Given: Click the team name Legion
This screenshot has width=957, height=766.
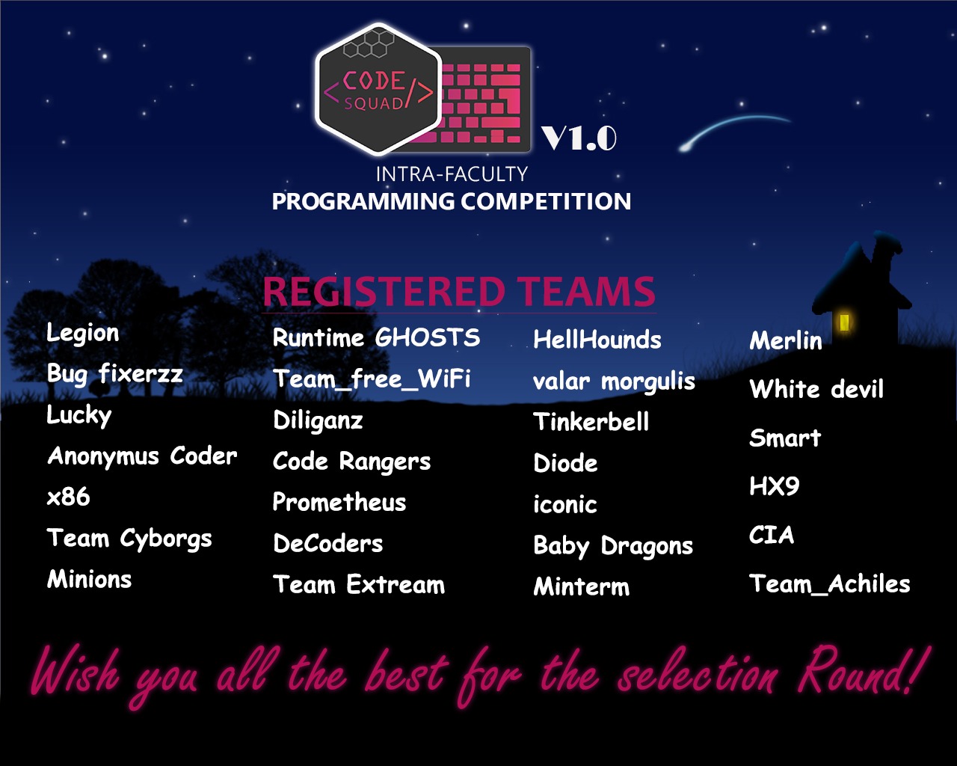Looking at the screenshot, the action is pos(83,334).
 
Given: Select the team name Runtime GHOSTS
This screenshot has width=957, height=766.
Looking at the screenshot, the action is pos(376,337).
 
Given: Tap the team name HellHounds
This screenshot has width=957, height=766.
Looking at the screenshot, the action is pos(597,339).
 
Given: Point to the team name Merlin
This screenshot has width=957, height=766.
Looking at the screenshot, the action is pos(785,340).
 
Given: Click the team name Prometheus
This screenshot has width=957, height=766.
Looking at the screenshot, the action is pos(339,502).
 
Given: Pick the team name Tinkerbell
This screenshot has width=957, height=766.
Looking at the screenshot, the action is pos(591,421).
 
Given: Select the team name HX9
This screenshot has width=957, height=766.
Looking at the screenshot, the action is pos(775,485).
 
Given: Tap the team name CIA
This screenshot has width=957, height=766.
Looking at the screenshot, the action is pos(772,535).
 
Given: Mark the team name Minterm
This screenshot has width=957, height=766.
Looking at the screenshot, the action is pos(582,586).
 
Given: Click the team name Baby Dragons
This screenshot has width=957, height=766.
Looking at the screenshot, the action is pos(613,546).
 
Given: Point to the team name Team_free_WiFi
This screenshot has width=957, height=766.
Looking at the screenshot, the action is pos(372,379).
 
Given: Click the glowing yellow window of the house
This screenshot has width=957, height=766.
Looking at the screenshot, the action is pos(843,322).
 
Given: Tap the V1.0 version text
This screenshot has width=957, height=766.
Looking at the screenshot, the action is pos(579,138).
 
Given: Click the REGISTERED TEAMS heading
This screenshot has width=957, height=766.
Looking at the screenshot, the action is pos(459,292).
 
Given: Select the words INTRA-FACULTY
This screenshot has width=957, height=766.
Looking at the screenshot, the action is pos(452,174).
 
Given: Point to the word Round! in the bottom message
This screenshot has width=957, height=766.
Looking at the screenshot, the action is pos(863,671).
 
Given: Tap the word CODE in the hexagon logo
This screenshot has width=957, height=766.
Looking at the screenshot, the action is pos(374,81).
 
